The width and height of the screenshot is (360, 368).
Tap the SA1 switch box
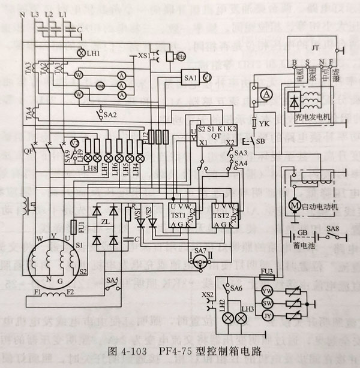click(191, 77)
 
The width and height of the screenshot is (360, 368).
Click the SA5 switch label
click(112, 279)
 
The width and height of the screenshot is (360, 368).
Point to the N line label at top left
click(22, 13)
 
